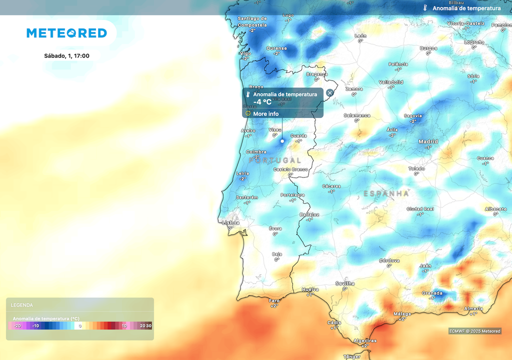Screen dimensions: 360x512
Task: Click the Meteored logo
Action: pyautogui.click(x=66, y=33)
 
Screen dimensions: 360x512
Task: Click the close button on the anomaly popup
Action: pyautogui.click(x=330, y=92)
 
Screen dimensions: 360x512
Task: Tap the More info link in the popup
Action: pyautogui.click(x=265, y=114)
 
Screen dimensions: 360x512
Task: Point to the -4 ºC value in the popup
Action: pyautogui.click(x=262, y=102)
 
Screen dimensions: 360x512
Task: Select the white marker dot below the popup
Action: pyautogui.click(x=282, y=141)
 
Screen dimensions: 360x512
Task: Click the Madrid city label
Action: pyautogui.click(x=428, y=141)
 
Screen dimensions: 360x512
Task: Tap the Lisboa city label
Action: pyautogui.click(x=230, y=223)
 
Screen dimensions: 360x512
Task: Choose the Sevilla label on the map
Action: pyautogui.click(x=345, y=283)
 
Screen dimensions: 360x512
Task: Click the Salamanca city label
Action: pyautogui.click(x=357, y=115)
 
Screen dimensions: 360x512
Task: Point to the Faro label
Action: pyautogui.click(x=274, y=300)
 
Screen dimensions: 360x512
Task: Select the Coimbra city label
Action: pyautogui.click(x=256, y=152)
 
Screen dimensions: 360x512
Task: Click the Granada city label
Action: pyautogui.click(x=432, y=293)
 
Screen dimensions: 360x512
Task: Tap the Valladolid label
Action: pyautogui.click(x=391, y=82)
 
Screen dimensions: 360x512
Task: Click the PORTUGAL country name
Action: pyautogui.click(x=275, y=160)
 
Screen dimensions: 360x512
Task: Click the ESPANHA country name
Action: pyautogui.click(x=386, y=193)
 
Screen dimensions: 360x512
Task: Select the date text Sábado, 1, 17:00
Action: pyautogui.click(x=66, y=55)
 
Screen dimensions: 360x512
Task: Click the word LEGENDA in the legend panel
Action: pyautogui.click(x=22, y=305)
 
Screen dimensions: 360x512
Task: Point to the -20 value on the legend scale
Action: pyautogui.click(x=17, y=326)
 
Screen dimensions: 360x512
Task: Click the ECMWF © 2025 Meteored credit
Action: pyautogui.click(x=474, y=331)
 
